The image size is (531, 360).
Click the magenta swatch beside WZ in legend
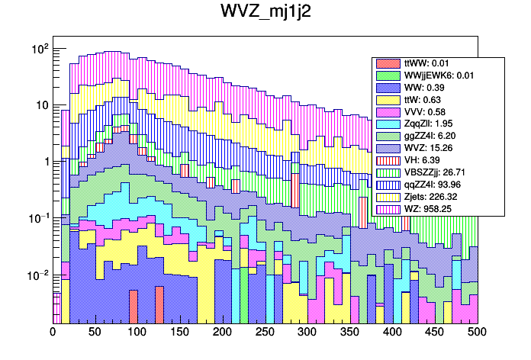click(389, 208)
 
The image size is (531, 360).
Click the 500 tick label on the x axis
click(477, 333)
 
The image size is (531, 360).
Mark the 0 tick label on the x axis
click(53, 333)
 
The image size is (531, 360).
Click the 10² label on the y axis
click(39, 49)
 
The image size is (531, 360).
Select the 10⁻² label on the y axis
click(37, 275)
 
